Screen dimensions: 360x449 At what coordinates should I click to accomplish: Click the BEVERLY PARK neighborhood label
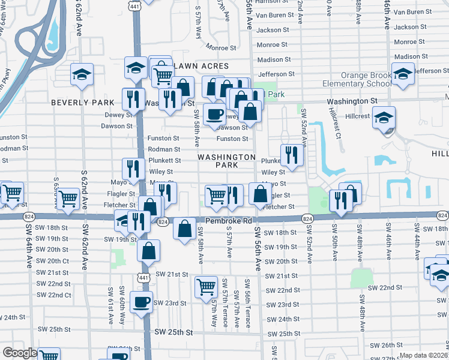point(82,103)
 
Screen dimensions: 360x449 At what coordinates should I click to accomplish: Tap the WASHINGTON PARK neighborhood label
point(226,161)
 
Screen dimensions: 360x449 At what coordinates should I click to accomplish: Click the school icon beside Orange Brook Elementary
point(403,73)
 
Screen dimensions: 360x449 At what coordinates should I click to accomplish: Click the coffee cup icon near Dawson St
point(214,114)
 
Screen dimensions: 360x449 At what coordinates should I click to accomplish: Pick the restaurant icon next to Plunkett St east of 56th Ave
point(292,154)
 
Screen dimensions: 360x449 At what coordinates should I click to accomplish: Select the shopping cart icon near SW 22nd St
point(206,287)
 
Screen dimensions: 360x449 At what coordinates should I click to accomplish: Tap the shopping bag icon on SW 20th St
point(148,250)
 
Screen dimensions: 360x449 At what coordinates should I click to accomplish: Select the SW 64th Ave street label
point(28,245)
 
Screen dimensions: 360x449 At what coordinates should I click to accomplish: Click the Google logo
point(20,353)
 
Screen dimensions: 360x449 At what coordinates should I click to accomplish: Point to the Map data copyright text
point(423,355)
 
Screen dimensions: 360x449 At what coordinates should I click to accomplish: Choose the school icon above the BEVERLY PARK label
point(82,74)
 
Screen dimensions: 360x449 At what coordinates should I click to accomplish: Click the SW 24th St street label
point(282,320)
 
